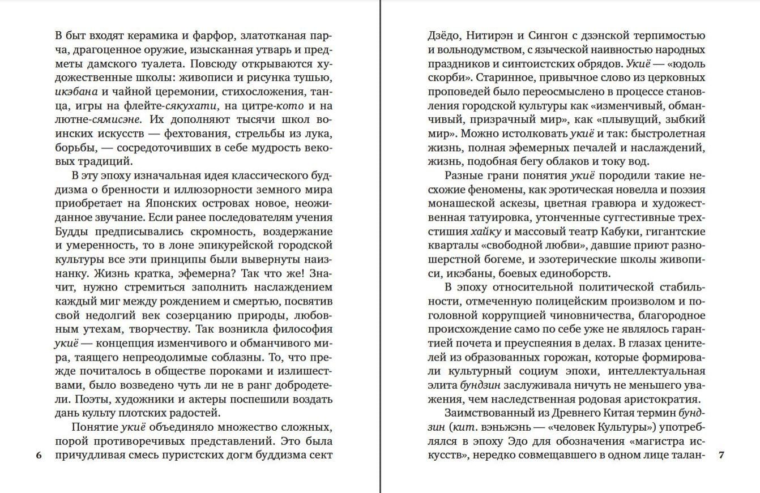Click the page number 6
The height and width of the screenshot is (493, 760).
[39, 455]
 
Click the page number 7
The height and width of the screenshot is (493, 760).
[721, 455]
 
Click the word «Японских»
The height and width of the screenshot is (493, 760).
[171, 203]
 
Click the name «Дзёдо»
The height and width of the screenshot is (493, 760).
[443, 36]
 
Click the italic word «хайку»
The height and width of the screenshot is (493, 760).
[484, 231]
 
